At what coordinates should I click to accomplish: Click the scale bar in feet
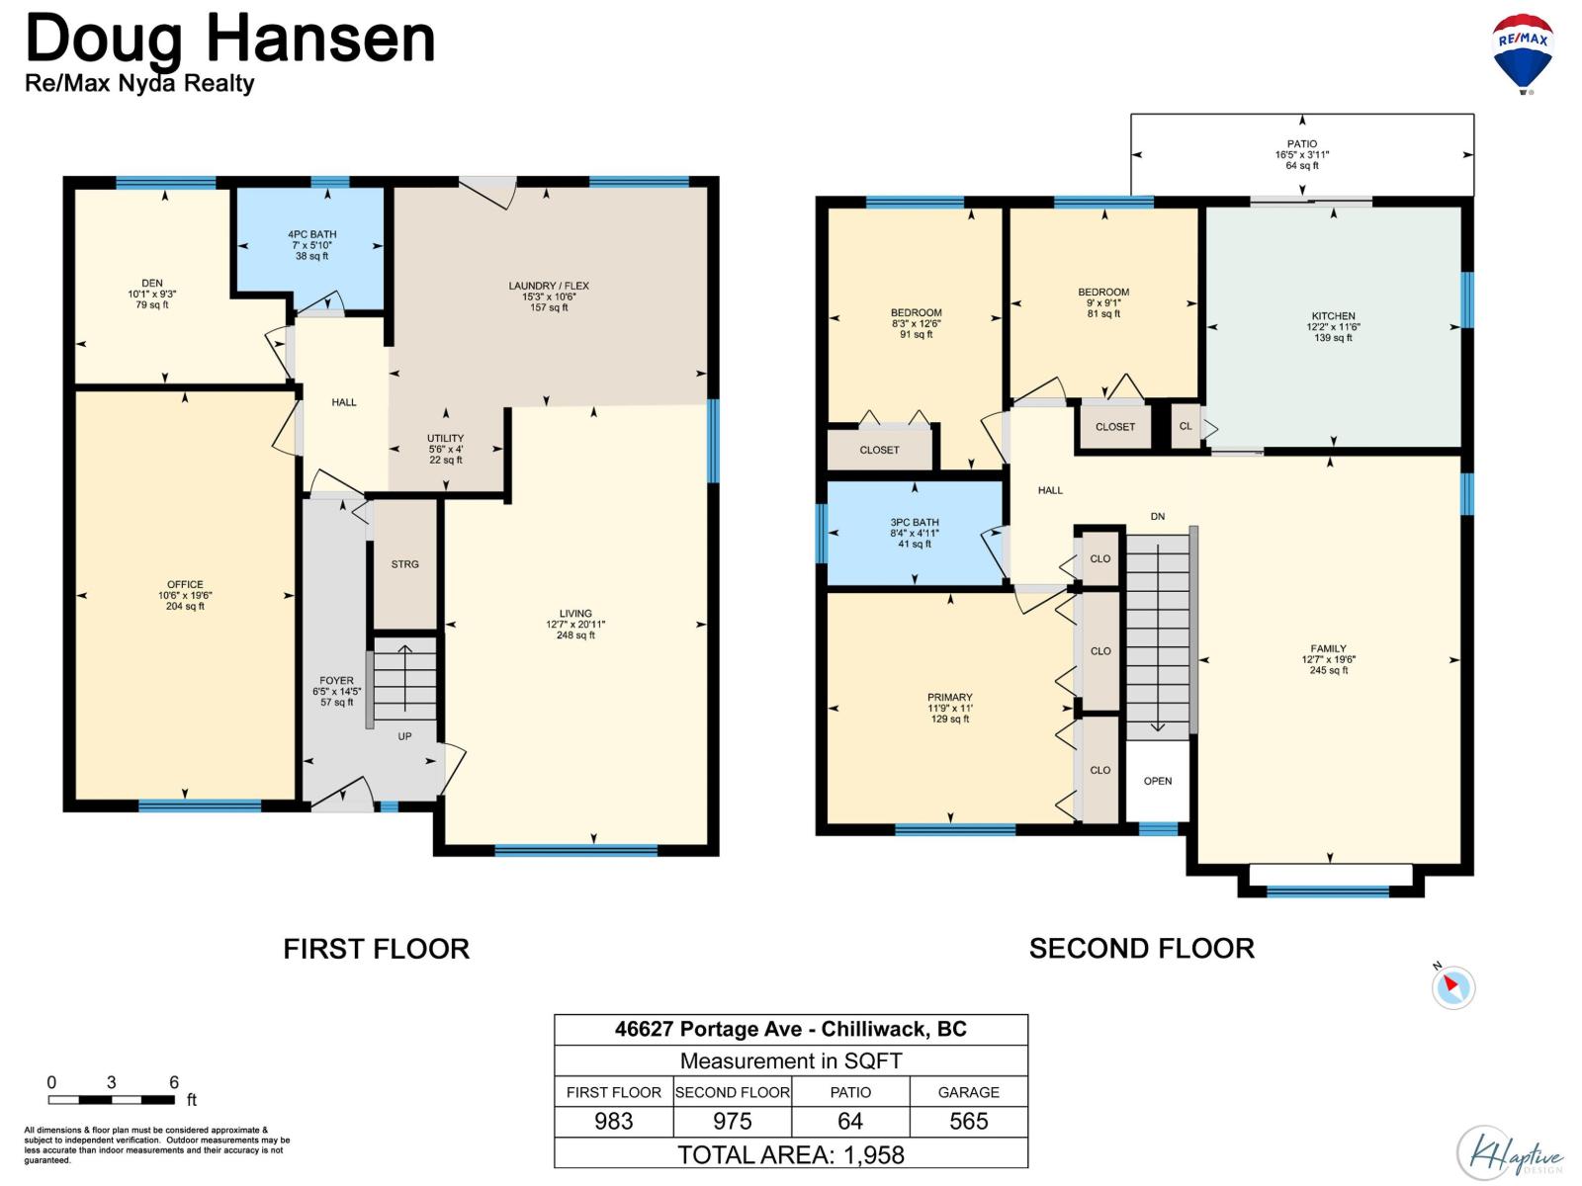[x=112, y=1100]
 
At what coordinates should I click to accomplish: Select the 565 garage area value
[x=968, y=1121]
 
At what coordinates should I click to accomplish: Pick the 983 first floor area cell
[x=613, y=1121]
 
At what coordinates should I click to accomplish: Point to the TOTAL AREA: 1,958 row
[x=791, y=1154]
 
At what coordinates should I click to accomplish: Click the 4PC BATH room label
[x=312, y=234]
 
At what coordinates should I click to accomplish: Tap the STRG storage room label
[x=404, y=563]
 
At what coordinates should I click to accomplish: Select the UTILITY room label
[x=445, y=438]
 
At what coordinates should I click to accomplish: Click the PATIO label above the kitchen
[x=1301, y=144]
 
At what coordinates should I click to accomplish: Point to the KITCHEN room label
[x=1333, y=316]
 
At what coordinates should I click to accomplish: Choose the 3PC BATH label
[x=914, y=522]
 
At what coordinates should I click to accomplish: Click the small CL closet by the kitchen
[x=1185, y=426]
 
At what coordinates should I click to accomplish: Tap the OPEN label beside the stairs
[x=1158, y=781]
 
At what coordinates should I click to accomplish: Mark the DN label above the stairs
[x=1158, y=516]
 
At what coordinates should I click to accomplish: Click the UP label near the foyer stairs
[x=404, y=736]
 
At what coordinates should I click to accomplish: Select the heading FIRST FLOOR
[x=377, y=949]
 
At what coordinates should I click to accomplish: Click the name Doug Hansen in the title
[x=230, y=40]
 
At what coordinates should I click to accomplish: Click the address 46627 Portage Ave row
[x=791, y=1029]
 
